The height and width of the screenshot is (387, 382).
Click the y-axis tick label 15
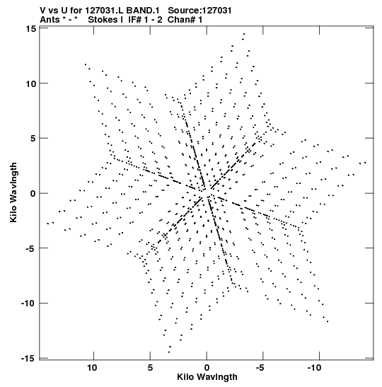(x=30, y=28)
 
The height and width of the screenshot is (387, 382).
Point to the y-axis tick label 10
(x=30, y=83)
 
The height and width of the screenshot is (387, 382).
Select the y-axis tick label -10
(x=28, y=304)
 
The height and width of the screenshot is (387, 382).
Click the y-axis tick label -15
(x=28, y=359)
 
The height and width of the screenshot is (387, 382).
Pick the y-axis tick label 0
(x=33, y=194)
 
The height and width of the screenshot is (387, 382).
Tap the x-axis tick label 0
(x=207, y=368)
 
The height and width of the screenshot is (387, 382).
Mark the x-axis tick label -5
(x=261, y=368)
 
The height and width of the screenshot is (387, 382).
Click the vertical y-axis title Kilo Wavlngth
(x=13, y=192)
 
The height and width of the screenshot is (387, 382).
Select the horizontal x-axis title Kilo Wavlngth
(x=207, y=377)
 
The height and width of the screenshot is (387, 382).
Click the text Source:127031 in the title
(x=199, y=11)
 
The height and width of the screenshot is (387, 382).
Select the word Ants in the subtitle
(x=50, y=20)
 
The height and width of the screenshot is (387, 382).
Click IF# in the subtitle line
(x=135, y=20)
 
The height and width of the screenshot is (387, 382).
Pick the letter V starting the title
(x=43, y=11)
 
